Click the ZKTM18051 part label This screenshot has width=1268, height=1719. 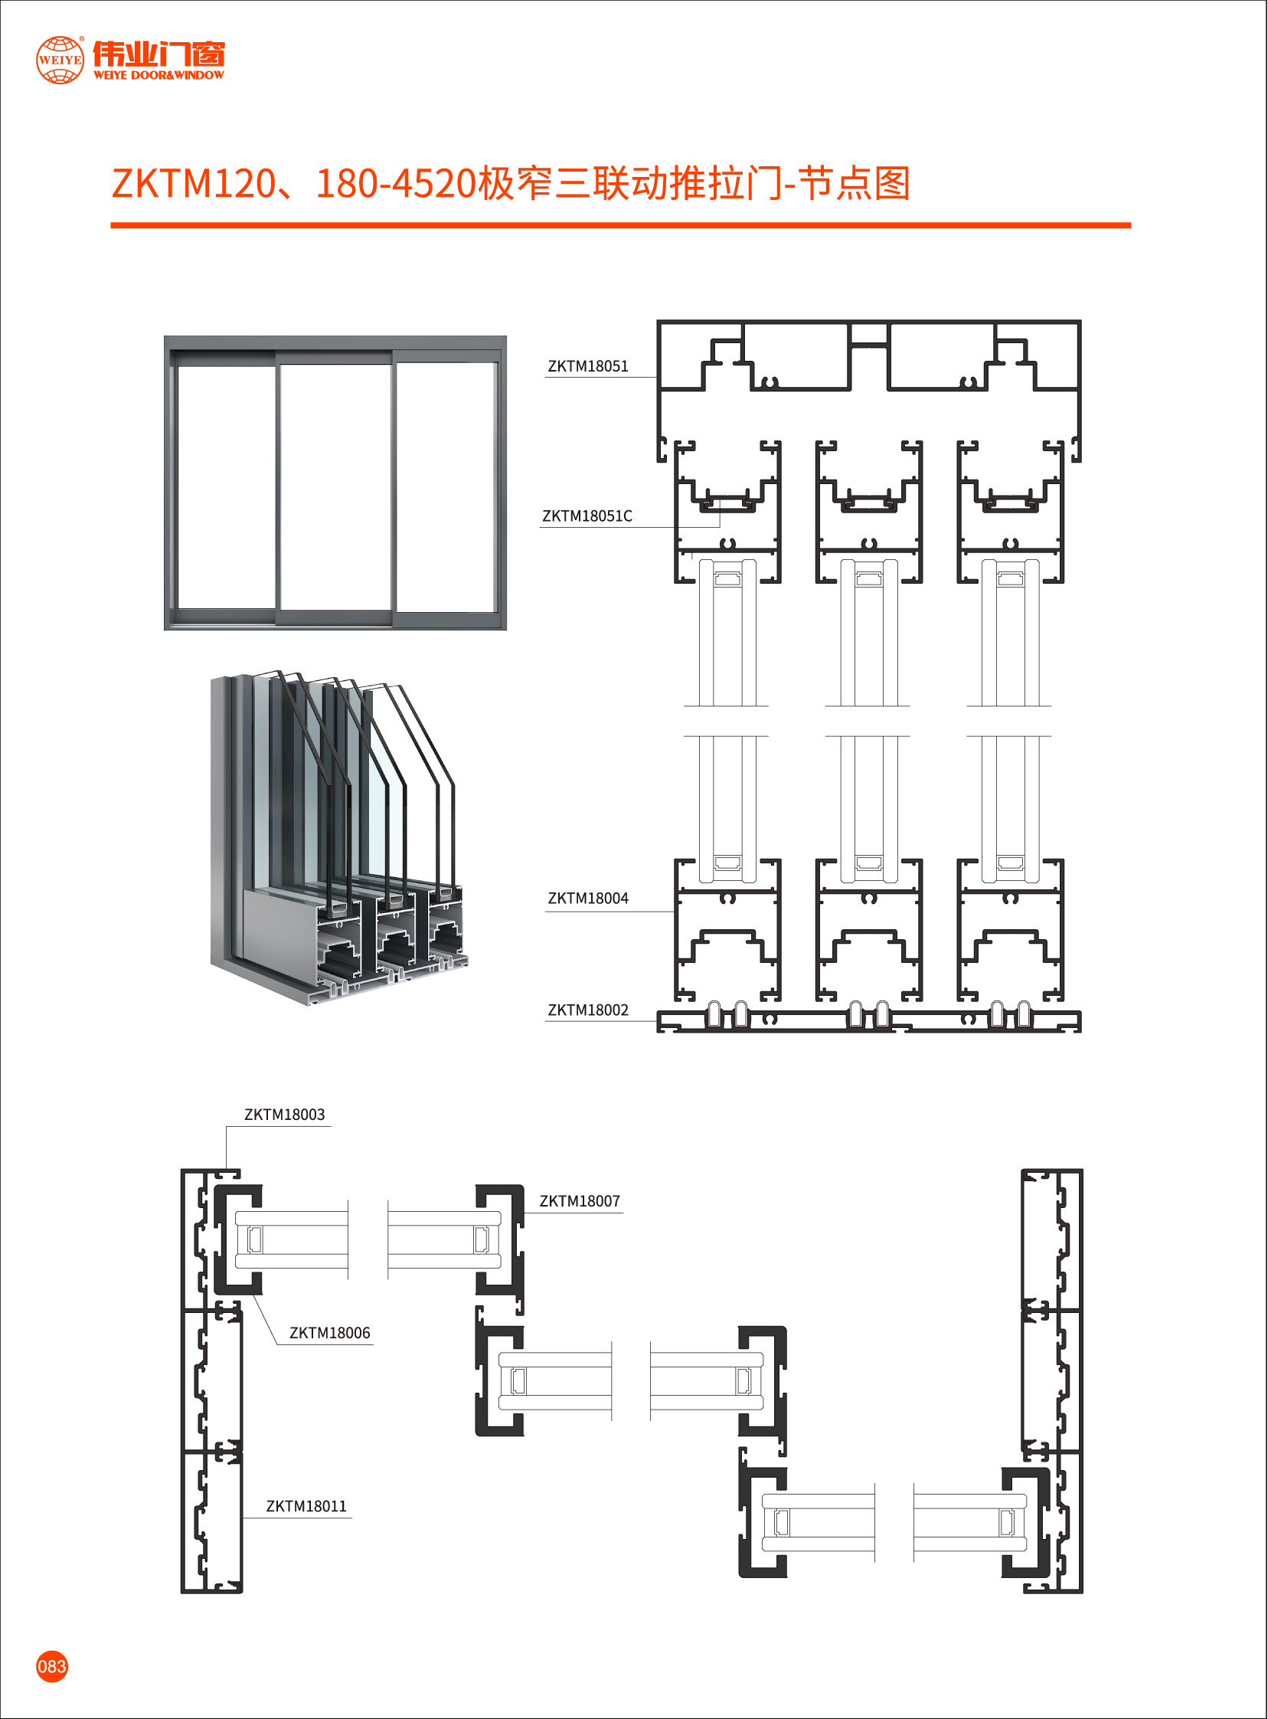pyautogui.click(x=587, y=366)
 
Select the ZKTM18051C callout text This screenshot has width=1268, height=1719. pyautogui.click(x=587, y=516)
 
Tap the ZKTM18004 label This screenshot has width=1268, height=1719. pyautogui.click(x=587, y=899)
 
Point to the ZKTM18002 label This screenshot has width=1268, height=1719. pyautogui.click(x=587, y=1010)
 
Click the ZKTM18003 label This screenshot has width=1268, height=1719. pyautogui.click(x=284, y=1115)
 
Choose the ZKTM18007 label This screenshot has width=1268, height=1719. pyautogui.click(x=579, y=1201)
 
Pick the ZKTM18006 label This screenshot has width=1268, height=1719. pyautogui.click(x=329, y=1334)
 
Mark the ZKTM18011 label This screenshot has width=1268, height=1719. pyautogui.click(x=306, y=1507)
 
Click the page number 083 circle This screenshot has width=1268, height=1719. pyautogui.click(x=52, y=1667)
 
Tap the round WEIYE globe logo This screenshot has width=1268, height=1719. pyautogui.click(x=60, y=59)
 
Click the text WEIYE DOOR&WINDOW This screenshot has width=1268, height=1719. pyautogui.click(x=158, y=75)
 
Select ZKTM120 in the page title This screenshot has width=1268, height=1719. pyautogui.click(x=193, y=185)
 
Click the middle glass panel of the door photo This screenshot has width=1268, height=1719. pyautogui.click(x=335, y=486)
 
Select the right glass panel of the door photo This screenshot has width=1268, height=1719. pyautogui.click(x=444, y=486)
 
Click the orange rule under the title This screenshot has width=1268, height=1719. pyautogui.click(x=620, y=226)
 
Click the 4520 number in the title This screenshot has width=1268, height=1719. pyautogui.click(x=434, y=185)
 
